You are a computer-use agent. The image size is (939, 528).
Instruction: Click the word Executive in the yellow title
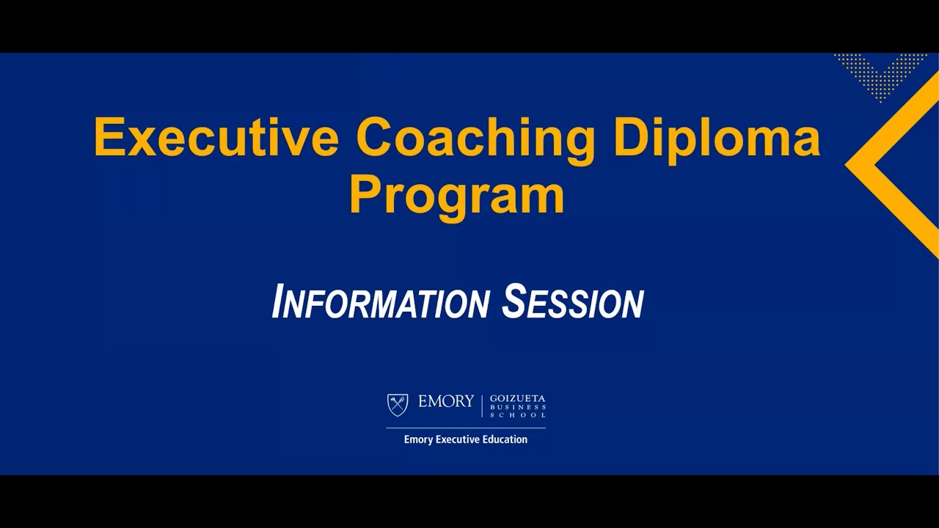point(216,137)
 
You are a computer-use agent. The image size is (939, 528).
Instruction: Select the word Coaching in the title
point(475,137)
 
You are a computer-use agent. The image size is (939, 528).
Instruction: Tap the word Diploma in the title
point(717,137)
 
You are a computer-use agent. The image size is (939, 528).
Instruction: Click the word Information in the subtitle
point(380,302)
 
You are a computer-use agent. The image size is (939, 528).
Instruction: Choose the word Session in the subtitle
point(572,302)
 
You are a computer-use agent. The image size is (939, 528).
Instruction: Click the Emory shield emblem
point(398,405)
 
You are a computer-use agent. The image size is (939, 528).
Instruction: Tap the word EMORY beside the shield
point(446,402)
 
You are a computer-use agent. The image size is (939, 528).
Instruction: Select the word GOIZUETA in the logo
point(518,398)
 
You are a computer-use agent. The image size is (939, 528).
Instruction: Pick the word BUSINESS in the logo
point(518,407)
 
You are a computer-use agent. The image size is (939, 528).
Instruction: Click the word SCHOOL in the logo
point(518,415)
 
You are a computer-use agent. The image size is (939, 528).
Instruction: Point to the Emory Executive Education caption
point(466,440)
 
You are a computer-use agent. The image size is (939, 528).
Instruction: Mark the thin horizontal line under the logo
point(466,428)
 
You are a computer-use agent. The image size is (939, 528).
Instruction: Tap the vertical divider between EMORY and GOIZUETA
point(482,406)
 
